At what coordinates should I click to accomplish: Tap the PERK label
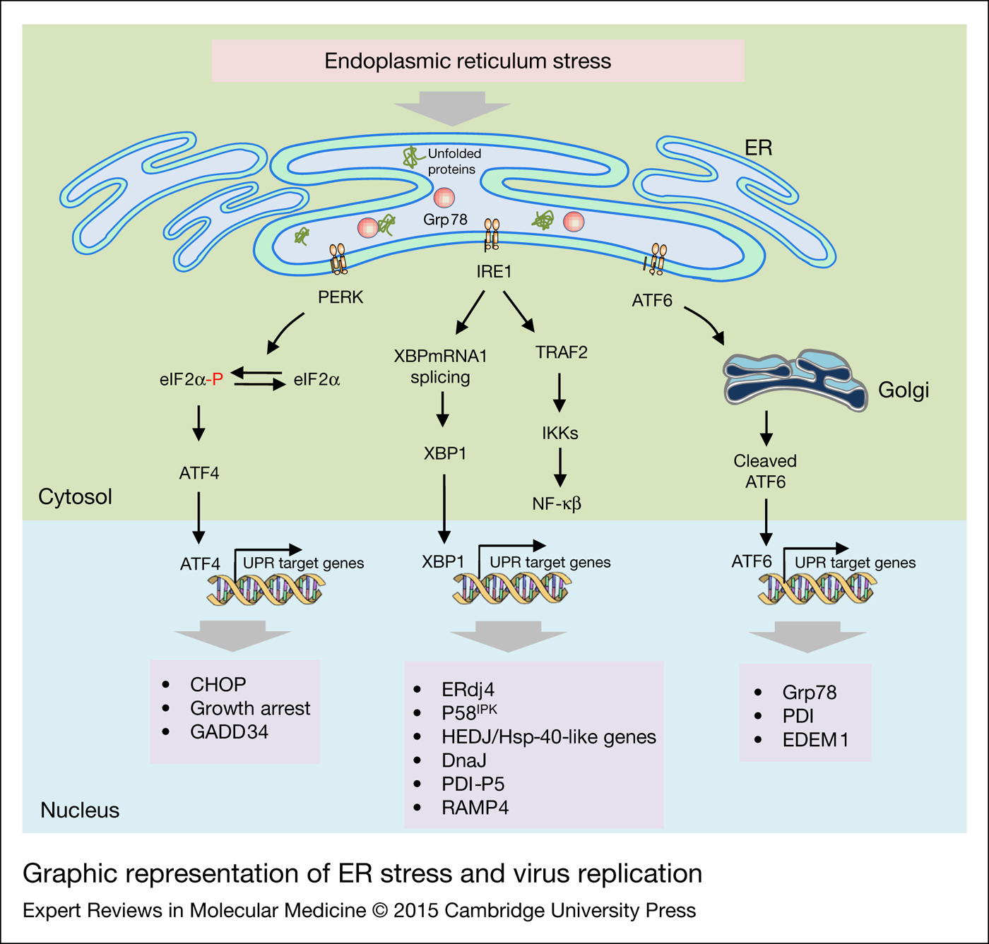340,297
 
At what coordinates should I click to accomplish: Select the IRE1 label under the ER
493,272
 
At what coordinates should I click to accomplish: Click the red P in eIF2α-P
218,380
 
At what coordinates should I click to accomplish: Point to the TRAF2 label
561,352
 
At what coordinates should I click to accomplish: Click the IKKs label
559,434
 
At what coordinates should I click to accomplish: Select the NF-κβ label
557,504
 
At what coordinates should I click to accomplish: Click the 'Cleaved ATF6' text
765,472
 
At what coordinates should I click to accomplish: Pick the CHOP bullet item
218,684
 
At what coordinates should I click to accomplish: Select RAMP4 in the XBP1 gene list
475,807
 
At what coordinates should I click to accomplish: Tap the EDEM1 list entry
815,740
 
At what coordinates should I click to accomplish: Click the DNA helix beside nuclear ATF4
266,589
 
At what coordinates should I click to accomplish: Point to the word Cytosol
75,497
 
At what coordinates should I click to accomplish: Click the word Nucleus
80,810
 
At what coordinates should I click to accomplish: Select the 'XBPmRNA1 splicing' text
441,366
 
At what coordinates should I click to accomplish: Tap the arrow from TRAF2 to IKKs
559,393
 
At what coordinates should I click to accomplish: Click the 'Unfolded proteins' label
454,162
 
